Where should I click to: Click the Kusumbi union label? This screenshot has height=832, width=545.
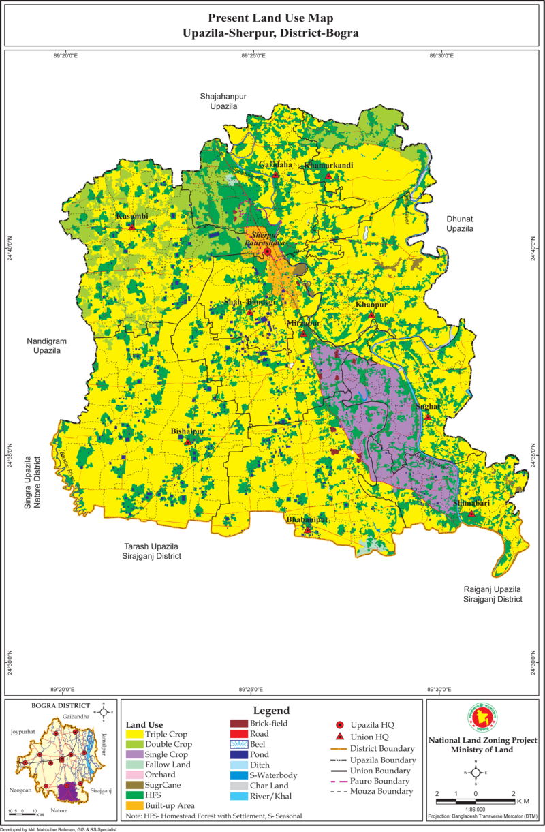[x=131, y=216]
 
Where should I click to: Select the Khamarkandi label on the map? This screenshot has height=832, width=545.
[x=328, y=165]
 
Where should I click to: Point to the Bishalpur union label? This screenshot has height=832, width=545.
[x=187, y=431]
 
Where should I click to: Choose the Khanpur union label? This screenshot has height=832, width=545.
[x=371, y=305]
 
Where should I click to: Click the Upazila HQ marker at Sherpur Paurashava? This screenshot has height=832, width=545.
[x=268, y=252]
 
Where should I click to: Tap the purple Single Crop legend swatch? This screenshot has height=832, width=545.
[x=134, y=755]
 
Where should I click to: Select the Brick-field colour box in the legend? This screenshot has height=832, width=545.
[x=240, y=724]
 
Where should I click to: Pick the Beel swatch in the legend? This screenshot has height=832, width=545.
[x=240, y=744]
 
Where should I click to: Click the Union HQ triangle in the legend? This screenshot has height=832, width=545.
[x=339, y=737]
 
